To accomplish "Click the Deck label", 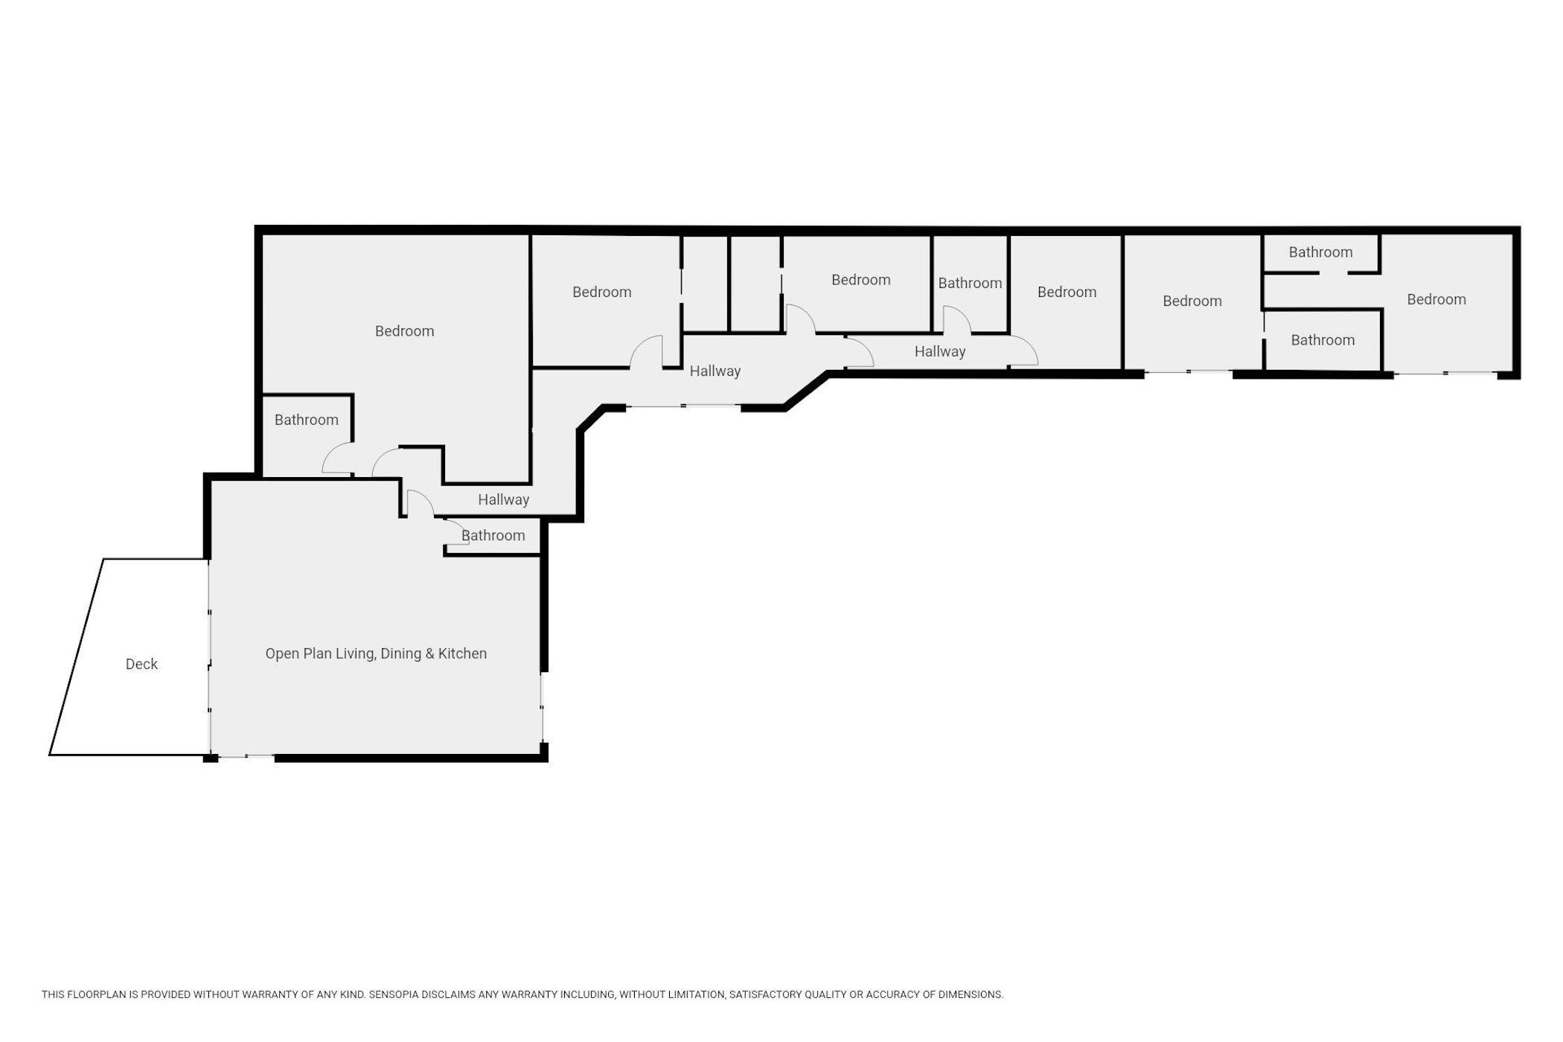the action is [141, 664].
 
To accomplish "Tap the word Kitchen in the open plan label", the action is [462, 653].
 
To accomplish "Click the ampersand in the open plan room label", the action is [429, 653].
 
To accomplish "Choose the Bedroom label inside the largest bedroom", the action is [404, 331].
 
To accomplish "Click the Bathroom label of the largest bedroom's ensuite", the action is [307, 420].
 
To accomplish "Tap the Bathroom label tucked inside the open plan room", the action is [493, 535].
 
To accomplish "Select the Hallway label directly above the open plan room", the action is [503, 499].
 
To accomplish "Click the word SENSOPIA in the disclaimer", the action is [394, 994].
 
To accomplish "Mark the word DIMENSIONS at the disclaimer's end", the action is [970, 994].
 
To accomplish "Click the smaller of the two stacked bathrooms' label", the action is [1320, 252].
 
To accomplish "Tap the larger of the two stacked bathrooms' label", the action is [1323, 340].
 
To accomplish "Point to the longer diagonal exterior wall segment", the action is [807, 391].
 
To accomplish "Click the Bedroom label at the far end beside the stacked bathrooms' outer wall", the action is [1436, 300].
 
